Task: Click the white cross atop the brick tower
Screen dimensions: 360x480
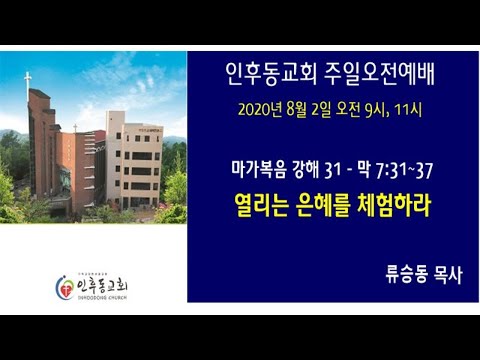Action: click(x=27, y=80)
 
